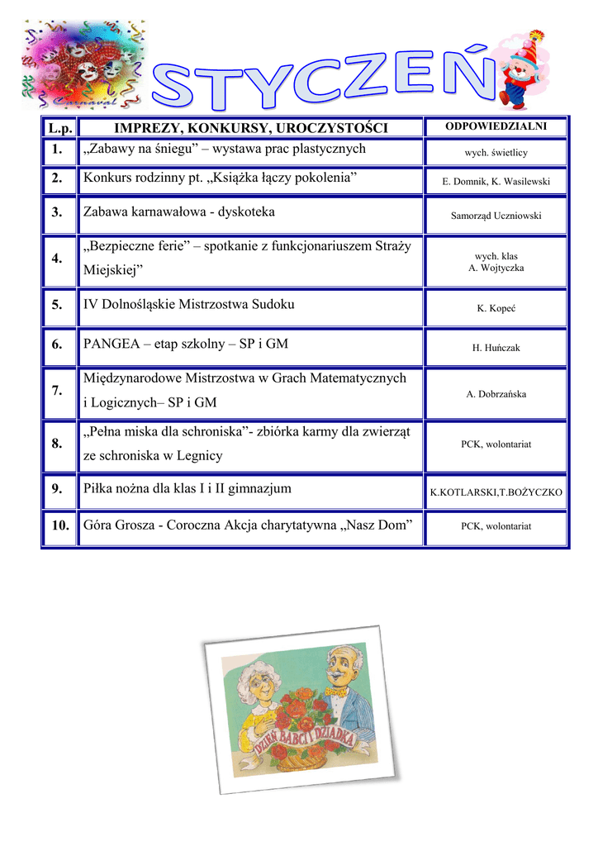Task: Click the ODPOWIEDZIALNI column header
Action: [x=496, y=126]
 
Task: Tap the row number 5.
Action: [x=57, y=305]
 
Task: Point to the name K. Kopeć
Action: [x=496, y=308]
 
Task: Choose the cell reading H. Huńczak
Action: [x=496, y=348]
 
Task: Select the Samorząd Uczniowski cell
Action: [x=496, y=216]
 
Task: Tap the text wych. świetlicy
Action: [x=496, y=153]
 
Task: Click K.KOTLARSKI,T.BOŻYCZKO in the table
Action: [x=496, y=492]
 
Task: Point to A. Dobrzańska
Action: [x=496, y=394]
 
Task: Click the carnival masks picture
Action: [x=83, y=62]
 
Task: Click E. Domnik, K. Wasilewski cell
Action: [x=496, y=182]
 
